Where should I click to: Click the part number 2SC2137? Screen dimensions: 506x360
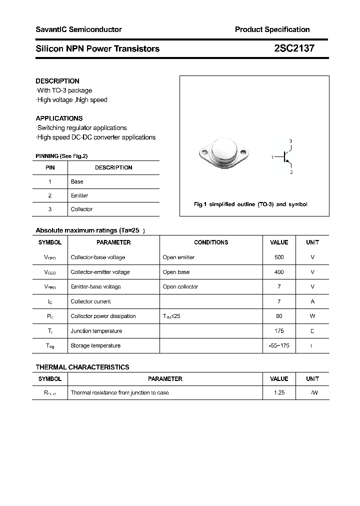click(x=294, y=48)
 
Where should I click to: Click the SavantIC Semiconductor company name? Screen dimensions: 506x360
click(x=78, y=29)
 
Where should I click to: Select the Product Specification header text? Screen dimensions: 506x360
click(x=272, y=29)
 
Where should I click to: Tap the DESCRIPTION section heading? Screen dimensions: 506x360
click(x=57, y=81)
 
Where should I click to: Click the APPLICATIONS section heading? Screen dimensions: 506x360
click(x=59, y=118)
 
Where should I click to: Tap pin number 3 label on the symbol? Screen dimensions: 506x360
click(x=290, y=141)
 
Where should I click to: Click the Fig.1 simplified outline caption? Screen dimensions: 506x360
click(x=250, y=204)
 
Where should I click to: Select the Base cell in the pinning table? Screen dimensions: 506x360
click(x=77, y=181)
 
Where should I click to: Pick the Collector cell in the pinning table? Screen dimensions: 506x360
click(x=81, y=209)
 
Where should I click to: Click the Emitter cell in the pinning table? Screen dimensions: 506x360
click(x=79, y=195)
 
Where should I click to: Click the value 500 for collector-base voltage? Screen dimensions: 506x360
click(x=279, y=257)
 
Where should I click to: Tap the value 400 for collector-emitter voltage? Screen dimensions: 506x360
click(x=279, y=272)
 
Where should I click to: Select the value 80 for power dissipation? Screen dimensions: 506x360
click(x=279, y=316)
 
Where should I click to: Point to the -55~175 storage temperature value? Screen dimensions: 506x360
click(x=279, y=345)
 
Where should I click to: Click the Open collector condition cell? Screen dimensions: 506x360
click(x=180, y=286)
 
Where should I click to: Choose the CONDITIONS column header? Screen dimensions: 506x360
click(x=211, y=242)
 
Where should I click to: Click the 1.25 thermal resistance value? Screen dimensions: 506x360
click(x=279, y=393)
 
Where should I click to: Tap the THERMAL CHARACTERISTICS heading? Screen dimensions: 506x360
click(x=82, y=367)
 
